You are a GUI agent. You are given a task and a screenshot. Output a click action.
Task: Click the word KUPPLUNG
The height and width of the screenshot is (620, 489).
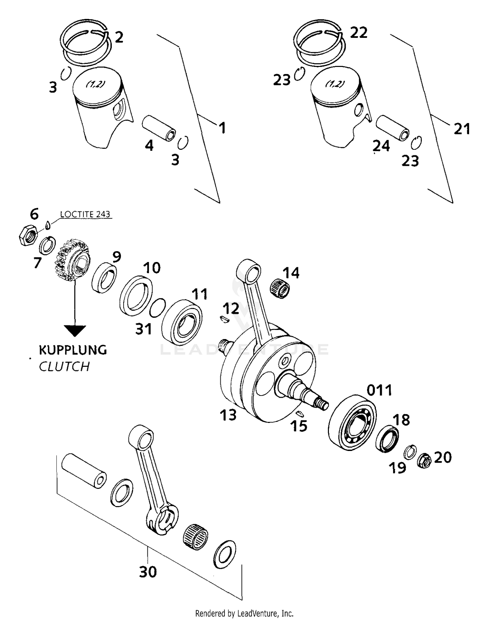tap(73, 350)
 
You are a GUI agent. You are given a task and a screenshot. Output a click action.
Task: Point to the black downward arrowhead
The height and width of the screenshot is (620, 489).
tap(75, 330)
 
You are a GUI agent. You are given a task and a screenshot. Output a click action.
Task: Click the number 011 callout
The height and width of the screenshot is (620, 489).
tap(379, 390)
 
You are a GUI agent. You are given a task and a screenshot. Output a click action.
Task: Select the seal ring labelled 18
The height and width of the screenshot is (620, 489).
tap(387, 439)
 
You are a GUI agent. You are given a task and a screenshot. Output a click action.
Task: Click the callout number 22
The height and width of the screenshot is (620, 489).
tap(359, 33)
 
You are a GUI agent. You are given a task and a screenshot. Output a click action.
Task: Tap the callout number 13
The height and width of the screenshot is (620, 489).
tap(228, 415)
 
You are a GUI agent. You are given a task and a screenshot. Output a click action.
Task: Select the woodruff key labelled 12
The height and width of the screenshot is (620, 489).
tap(224, 319)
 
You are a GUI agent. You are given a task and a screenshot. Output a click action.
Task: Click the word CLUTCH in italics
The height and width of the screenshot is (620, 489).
tap(64, 366)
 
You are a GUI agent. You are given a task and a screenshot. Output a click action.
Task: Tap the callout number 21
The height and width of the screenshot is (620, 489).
tap(462, 129)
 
